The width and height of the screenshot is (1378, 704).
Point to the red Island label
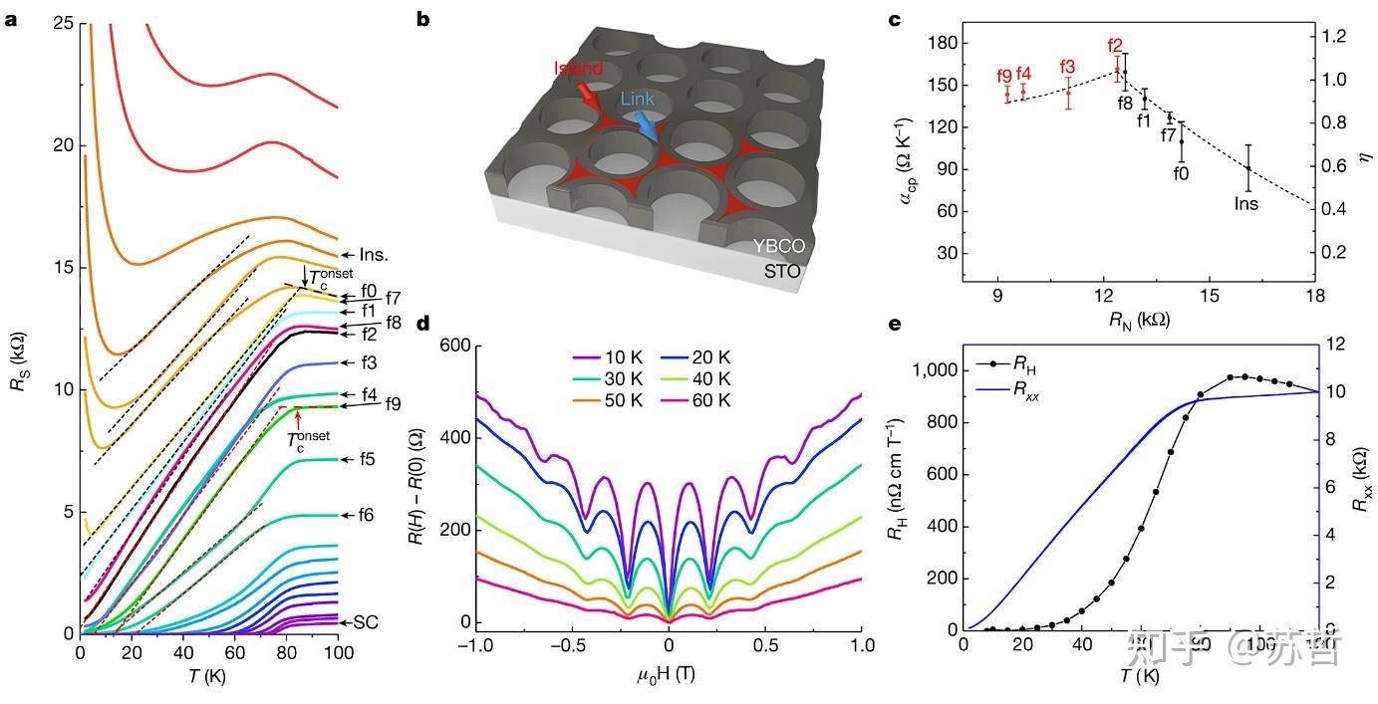[x=579, y=69]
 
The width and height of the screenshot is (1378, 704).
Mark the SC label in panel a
[x=367, y=621]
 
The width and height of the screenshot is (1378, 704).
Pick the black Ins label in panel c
[x=1245, y=204]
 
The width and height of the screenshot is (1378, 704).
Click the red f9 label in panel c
[x=1004, y=76]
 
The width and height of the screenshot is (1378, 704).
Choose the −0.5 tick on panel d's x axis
[x=568, y=644]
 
